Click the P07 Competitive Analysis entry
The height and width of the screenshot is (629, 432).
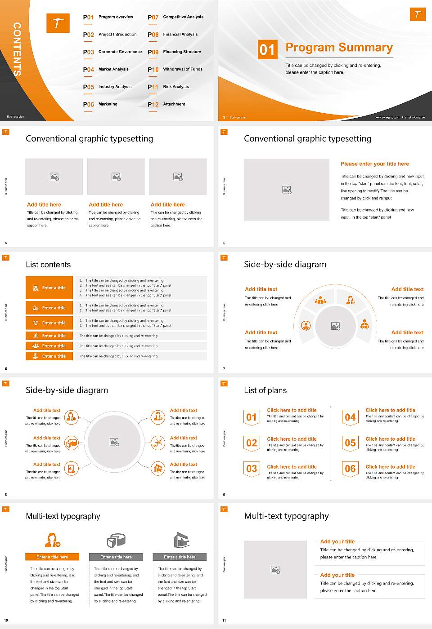tap(175, 17)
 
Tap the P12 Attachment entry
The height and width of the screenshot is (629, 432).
tap(166, 104)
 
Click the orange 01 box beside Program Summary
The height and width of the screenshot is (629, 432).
tap(267, 49)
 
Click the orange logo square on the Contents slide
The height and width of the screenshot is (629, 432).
tap(58, 23)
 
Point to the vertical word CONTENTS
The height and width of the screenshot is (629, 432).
tap(17, 49)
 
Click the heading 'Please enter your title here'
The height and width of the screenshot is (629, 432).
tap(374, 164)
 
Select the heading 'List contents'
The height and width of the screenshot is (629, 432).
tap(48, 265)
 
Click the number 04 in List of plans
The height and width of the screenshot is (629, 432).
tap(350, 417)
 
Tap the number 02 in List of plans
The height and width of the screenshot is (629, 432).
tap(252, 443)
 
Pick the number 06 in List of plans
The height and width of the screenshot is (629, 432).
tap(350, 469)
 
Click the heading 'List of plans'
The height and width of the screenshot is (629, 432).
tap(265, 390)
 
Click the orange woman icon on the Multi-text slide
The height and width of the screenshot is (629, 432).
tap(52, 540)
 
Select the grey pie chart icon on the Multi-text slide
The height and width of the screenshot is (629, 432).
tap(116, 540)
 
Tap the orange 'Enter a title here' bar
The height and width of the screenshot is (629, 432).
tap(52, 557)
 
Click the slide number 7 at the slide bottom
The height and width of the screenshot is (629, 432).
tap(224, 369)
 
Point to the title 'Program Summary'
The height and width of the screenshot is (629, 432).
tap(339, 48)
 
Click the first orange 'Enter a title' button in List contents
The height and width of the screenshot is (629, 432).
tap(49, 288)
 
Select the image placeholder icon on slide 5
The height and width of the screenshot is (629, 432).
tap(287, 190)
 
